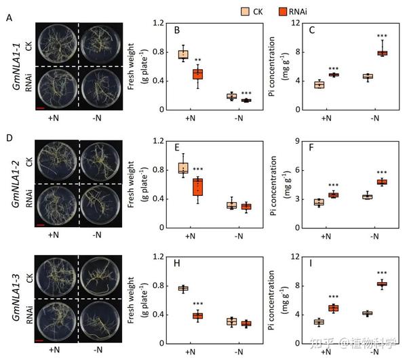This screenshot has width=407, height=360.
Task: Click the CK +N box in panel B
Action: click(x=183, y=54)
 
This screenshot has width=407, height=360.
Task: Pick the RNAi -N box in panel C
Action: click(x=382, y=52)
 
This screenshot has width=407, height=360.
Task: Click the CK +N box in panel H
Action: click(x=183, y=289)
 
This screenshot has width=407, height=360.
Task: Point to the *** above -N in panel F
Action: click(x=382, y=172)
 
